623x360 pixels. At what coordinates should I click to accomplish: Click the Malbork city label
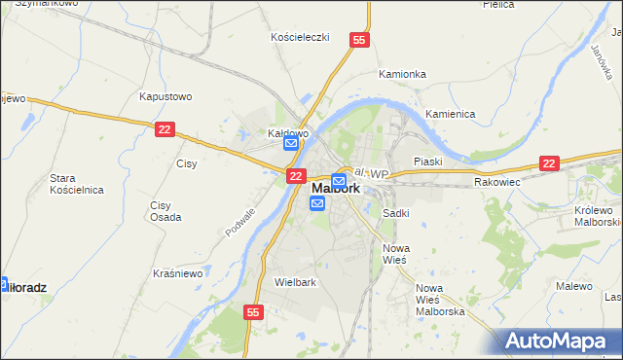[x=335, y=189]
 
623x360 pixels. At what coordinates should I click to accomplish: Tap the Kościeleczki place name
[x=300, y=37]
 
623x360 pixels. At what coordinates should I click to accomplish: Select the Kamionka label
[x=402, y=74]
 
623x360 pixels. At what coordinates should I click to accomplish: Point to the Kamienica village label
[x=450, y=114]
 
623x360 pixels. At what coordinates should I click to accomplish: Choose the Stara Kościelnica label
[x=77, y=184]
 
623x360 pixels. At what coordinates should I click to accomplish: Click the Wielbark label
[x=296, y=282]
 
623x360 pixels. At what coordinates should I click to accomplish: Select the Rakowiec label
[x=498, y=182]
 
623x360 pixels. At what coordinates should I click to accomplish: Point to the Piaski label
[x=427, y=162]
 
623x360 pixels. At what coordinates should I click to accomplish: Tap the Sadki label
[x=395, y=212]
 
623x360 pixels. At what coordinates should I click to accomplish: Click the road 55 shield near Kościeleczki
[x=360, y=40]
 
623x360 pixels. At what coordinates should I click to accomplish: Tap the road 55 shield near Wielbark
[x=253, y=312]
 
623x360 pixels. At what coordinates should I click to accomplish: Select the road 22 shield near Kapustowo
[x=165, y=128]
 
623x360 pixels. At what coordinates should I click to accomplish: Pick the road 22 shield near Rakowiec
[x=550, y=164]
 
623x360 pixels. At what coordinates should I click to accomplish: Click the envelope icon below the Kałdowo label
[x=291, y=144]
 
